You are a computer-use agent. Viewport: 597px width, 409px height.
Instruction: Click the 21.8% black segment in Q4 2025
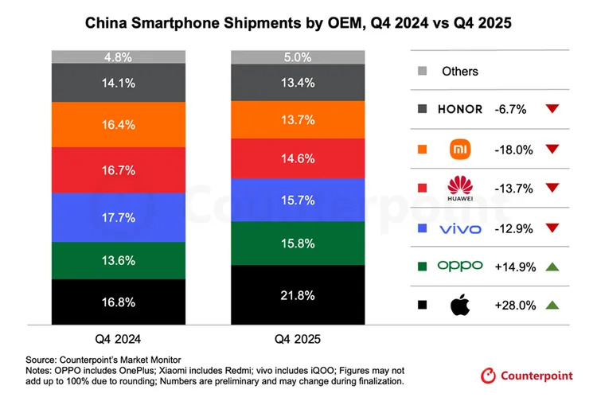[x=298, y=294]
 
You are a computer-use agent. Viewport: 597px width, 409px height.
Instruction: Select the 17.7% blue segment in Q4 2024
[x=119, y=217]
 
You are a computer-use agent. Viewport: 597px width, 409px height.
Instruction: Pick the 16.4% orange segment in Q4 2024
[x=119, y=124]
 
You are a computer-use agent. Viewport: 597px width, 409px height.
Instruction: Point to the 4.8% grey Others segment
[x=119, y=56]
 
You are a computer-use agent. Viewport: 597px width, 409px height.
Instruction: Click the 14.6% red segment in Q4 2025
[x=298, y=158]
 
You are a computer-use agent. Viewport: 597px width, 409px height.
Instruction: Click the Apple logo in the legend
[x=459, y=304]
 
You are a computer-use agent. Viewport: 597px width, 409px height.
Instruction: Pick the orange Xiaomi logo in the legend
[x=460, y=148]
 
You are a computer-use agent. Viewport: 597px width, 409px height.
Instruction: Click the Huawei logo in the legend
[x=460, y=188]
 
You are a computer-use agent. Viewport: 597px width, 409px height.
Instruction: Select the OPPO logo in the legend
[x=459, y=265]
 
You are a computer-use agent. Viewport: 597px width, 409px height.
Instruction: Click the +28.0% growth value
[x=514, y=304]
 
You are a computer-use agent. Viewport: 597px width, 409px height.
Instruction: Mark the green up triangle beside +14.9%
[x=553, y=265]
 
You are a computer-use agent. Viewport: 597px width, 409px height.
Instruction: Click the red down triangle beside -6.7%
[x=553, y=109]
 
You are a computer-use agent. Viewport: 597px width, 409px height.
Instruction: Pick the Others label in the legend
[x=459, y=71]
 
